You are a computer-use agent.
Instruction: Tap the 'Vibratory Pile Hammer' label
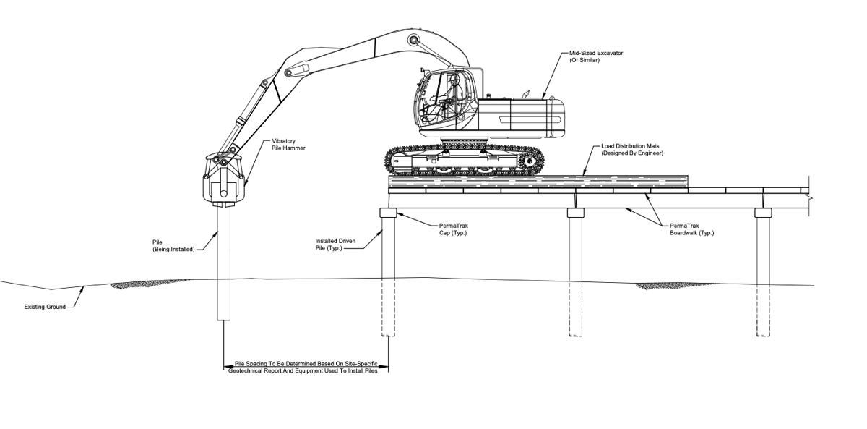288,145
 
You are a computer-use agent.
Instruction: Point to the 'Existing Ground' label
45,307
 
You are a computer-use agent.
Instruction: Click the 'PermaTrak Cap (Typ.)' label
454,229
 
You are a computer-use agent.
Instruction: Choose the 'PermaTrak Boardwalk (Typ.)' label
691,229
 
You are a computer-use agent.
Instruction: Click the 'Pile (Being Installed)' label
173,245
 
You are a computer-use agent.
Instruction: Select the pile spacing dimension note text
306,367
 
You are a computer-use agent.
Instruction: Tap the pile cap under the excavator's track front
388,213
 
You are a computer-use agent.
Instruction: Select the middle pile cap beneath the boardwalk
575,213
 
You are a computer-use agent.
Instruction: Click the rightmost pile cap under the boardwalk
763,213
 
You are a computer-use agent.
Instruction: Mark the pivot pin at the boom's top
413,40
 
